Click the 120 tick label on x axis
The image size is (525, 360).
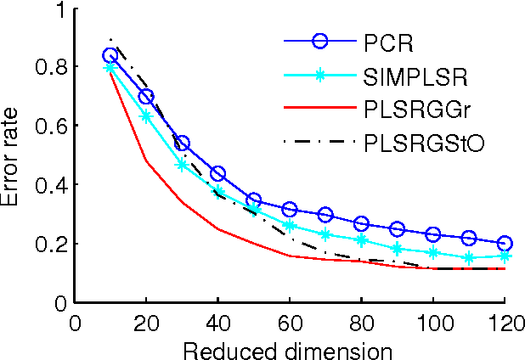coord(505,323)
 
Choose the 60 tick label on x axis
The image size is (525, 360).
coord(290,323)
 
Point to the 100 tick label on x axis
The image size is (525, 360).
coord(433,323)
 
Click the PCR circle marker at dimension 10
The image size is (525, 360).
coord(110,55)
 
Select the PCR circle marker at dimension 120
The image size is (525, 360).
coord(505,243)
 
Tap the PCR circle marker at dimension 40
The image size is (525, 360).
coord(217,174)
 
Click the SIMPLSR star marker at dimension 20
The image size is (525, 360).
coord(146,115)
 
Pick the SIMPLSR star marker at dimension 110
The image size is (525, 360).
coord(469,257)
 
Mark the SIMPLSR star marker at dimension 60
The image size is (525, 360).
coord(290,226)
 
